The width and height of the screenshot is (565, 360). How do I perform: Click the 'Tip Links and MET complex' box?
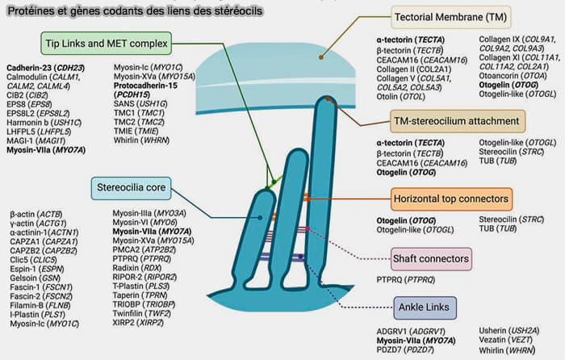(x=107, y=42)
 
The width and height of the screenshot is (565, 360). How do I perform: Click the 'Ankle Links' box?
(x=427, y=307)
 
